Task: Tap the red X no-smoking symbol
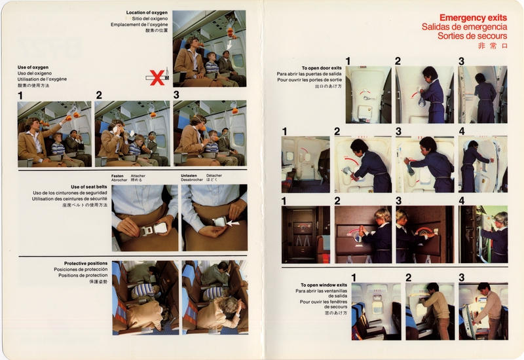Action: pyautogui.click(x=157, y=77)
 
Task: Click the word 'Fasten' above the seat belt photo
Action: pyautogui.click(x=119, y=175)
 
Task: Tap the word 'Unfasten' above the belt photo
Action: pyautogui.click(x=191, y=175)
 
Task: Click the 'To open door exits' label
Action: pyautogui.click(x=322, y=68)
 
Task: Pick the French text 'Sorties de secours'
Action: pyautogui.click(x=472, y=36)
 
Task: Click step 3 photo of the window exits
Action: pyautogui.click(x=483, y=310)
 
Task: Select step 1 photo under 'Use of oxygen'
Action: pyautogui.click(x=54, y=134)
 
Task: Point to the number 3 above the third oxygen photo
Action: pyautogui.click(x=176, y=95)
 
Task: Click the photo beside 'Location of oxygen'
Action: pyautogui.click(x=209, y=48)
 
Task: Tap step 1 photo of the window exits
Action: pyautogui.click(x=375, y=310)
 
